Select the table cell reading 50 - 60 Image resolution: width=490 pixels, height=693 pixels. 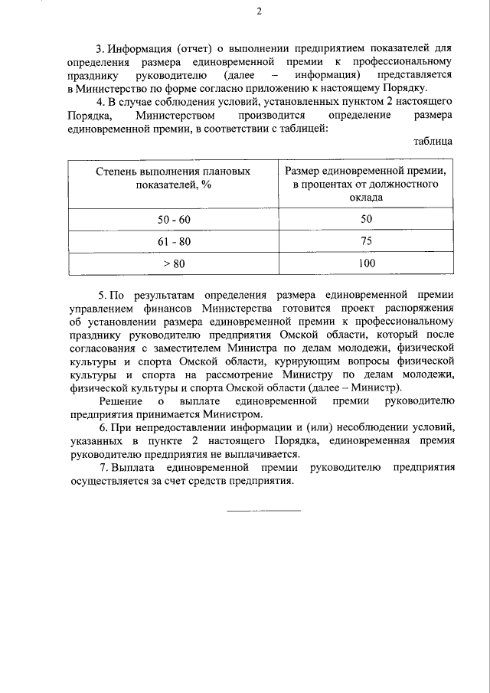[x=174, y=219]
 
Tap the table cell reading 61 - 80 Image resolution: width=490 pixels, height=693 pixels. [x=174, y=241]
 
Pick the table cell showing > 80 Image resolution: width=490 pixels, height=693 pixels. [x=174, y=263]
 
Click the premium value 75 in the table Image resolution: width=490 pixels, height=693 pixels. [x=366, y=241]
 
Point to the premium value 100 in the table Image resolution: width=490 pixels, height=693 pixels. [x=366, y=263]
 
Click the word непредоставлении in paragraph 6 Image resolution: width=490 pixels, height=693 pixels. [x=170, y=427]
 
